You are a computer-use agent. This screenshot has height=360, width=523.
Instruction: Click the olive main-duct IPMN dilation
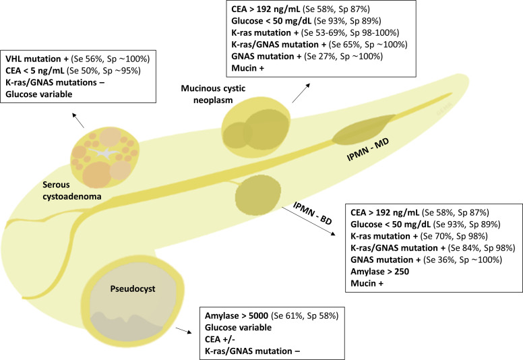point(361,132)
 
